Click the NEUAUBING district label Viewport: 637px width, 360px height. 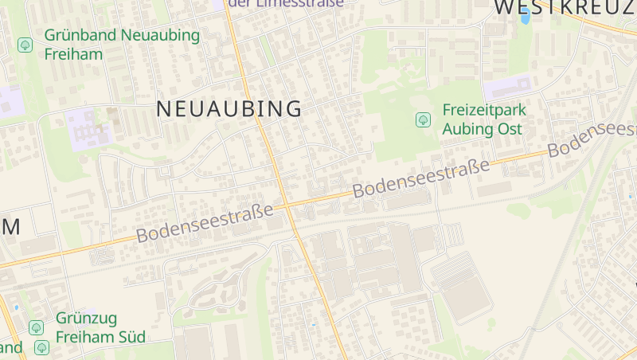click(229, 109)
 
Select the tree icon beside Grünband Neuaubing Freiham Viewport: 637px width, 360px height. click(25, 44)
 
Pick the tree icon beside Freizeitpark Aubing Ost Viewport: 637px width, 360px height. click(423, 119)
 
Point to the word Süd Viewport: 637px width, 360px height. click(129, 337)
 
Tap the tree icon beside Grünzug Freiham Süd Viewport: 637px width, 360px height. click(36, 327)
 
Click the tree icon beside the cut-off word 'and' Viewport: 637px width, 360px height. click(41, 347)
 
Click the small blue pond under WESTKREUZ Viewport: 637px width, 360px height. click(525, 16)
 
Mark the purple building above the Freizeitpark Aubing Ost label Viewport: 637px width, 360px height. click(506, 87)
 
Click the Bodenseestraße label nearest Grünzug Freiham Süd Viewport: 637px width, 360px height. click(205, 223)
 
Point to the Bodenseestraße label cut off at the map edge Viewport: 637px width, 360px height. click(592, 138)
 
